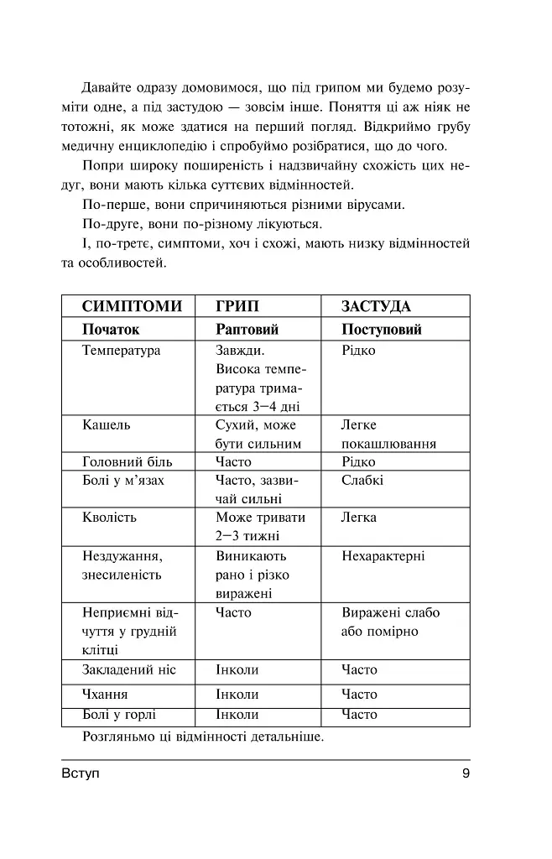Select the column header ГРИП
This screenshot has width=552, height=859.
(237, 306)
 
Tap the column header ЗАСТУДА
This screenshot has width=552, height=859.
(375, 306)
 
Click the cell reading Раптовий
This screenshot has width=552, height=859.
(247, 329)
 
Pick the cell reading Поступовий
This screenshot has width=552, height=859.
(382, 329)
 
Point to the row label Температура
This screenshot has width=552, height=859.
(122, 351)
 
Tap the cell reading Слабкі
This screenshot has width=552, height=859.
(362, 481)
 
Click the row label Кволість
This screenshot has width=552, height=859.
(109, 517)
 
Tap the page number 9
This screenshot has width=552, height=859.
(466, 773)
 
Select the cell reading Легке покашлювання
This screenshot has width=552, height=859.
(388, 435)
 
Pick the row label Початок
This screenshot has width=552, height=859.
(111, 329)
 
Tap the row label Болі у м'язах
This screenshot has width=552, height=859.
(123, 481)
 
